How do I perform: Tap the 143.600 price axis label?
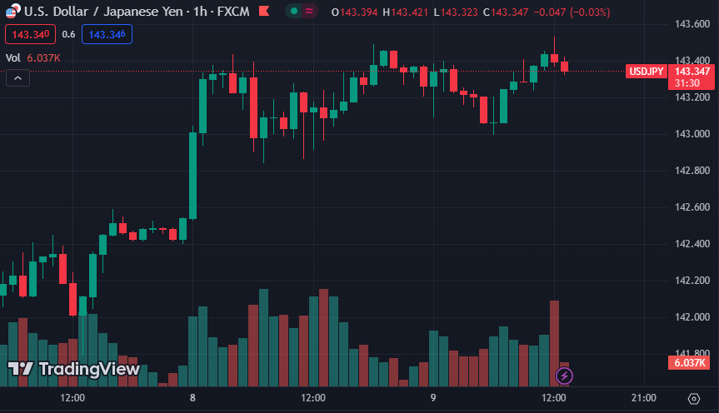(692, 24)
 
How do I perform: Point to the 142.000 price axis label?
(692, 317)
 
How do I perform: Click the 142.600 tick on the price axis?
(692, 207)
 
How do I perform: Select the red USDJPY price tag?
(647, 72)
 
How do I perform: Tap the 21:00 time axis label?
(644, 398)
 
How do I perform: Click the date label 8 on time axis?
(192, 398)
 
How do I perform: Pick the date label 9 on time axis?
(433, 398)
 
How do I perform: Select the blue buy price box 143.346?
(107, 34)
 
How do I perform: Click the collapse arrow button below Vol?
(18, 78)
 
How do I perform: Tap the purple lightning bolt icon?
(564, 376)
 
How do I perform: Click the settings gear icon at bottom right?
(693, 398)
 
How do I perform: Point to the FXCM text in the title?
(232, 12)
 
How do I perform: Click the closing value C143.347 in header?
(507, 12)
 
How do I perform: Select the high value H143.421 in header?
(407, 12)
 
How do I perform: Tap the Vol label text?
(13, 57)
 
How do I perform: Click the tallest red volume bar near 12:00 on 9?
(554, 342)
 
